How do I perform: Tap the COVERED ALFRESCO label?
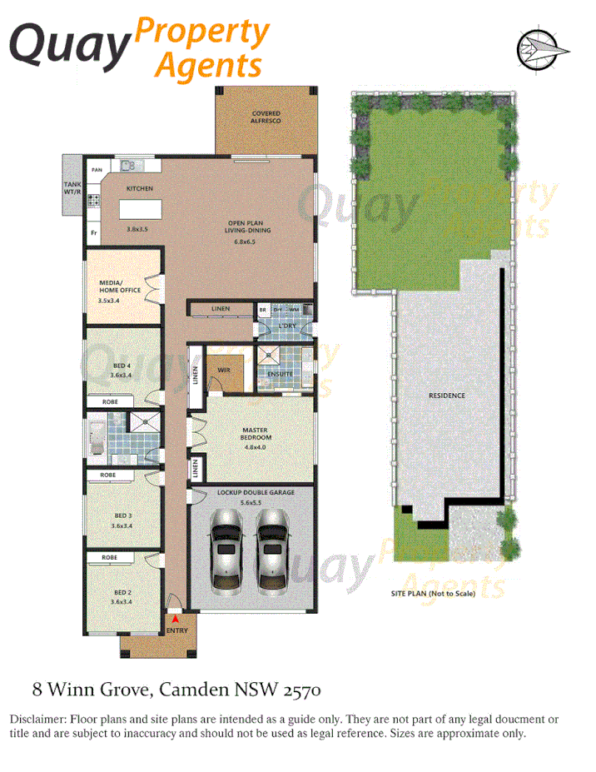[266, 117]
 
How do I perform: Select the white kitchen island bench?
[139, 207]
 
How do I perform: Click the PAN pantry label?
[97, 170]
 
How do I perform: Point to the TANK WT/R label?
[72, 188]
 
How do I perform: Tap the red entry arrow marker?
[175, 619]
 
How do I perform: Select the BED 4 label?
[122, 367]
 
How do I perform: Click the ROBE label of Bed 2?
[109, 556]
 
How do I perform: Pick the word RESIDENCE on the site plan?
[447, 395]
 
